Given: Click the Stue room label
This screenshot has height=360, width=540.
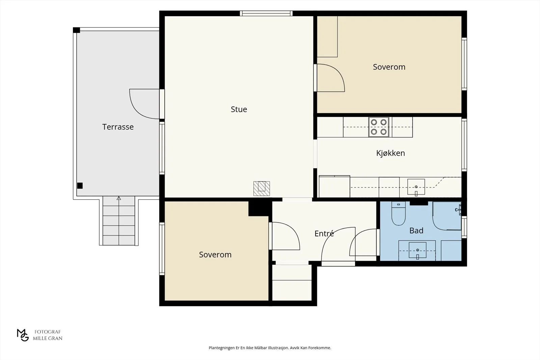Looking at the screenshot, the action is point(239,109).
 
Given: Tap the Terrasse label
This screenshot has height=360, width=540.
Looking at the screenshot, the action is point(118,127).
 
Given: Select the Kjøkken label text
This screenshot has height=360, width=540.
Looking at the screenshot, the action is point(390,153).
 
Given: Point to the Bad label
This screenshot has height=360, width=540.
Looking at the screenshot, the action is point(416,231).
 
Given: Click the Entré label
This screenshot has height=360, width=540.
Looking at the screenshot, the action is point(324,233).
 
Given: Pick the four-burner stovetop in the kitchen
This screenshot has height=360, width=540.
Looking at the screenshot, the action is point(378,127).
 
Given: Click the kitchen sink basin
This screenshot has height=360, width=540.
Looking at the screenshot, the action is point(416,187).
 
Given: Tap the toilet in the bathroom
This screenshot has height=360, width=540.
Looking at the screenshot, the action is point(398,213).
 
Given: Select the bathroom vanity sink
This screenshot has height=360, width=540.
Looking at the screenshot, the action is point(417,251).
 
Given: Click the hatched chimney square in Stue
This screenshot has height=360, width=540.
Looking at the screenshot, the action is point(262,188).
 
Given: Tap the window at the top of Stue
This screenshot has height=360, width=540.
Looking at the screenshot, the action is point(266,13).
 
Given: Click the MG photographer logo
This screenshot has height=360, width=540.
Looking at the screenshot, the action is point(23,335).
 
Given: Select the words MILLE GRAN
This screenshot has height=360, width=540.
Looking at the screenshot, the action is point(48,338).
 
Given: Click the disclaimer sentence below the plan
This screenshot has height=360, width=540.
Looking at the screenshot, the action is point(270,348).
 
